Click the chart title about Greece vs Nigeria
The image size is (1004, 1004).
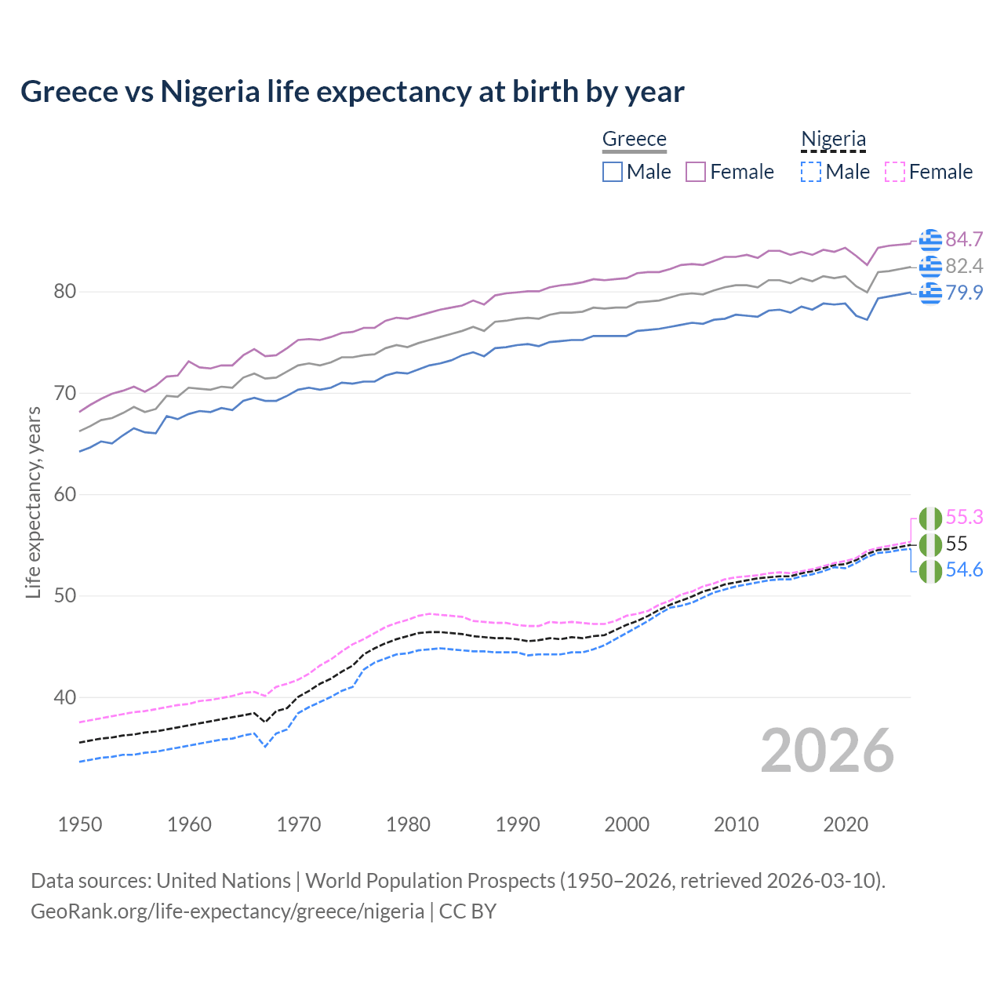coord(352,92)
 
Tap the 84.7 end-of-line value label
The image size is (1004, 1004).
coord(964,239)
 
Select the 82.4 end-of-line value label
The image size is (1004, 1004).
coord(964,266)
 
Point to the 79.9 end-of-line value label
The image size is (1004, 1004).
coord(964,293)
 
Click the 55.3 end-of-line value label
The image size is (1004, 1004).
coord(964,517)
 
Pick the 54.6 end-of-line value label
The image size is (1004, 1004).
coord(964,570)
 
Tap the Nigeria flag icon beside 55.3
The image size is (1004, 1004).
coord(930,518)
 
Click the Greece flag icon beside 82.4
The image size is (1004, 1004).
coord(930,267)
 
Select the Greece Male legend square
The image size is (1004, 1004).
coord(613,172)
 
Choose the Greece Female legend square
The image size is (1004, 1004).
coord(696,172)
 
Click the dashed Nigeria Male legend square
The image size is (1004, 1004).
coord(811,172)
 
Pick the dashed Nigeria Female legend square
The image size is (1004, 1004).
coord(895,172)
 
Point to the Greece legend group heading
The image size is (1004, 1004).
coord(634,139)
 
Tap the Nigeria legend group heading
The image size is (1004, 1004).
coord(833,139)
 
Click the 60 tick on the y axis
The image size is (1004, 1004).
coord(64,494)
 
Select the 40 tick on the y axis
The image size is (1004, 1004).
coord(64,697)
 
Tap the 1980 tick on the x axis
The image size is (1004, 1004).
coord(409,824)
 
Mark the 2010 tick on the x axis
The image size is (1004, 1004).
coord(736,824)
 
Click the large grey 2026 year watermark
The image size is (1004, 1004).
coord(828,751)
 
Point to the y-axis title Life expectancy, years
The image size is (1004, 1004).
coord(33,502)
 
